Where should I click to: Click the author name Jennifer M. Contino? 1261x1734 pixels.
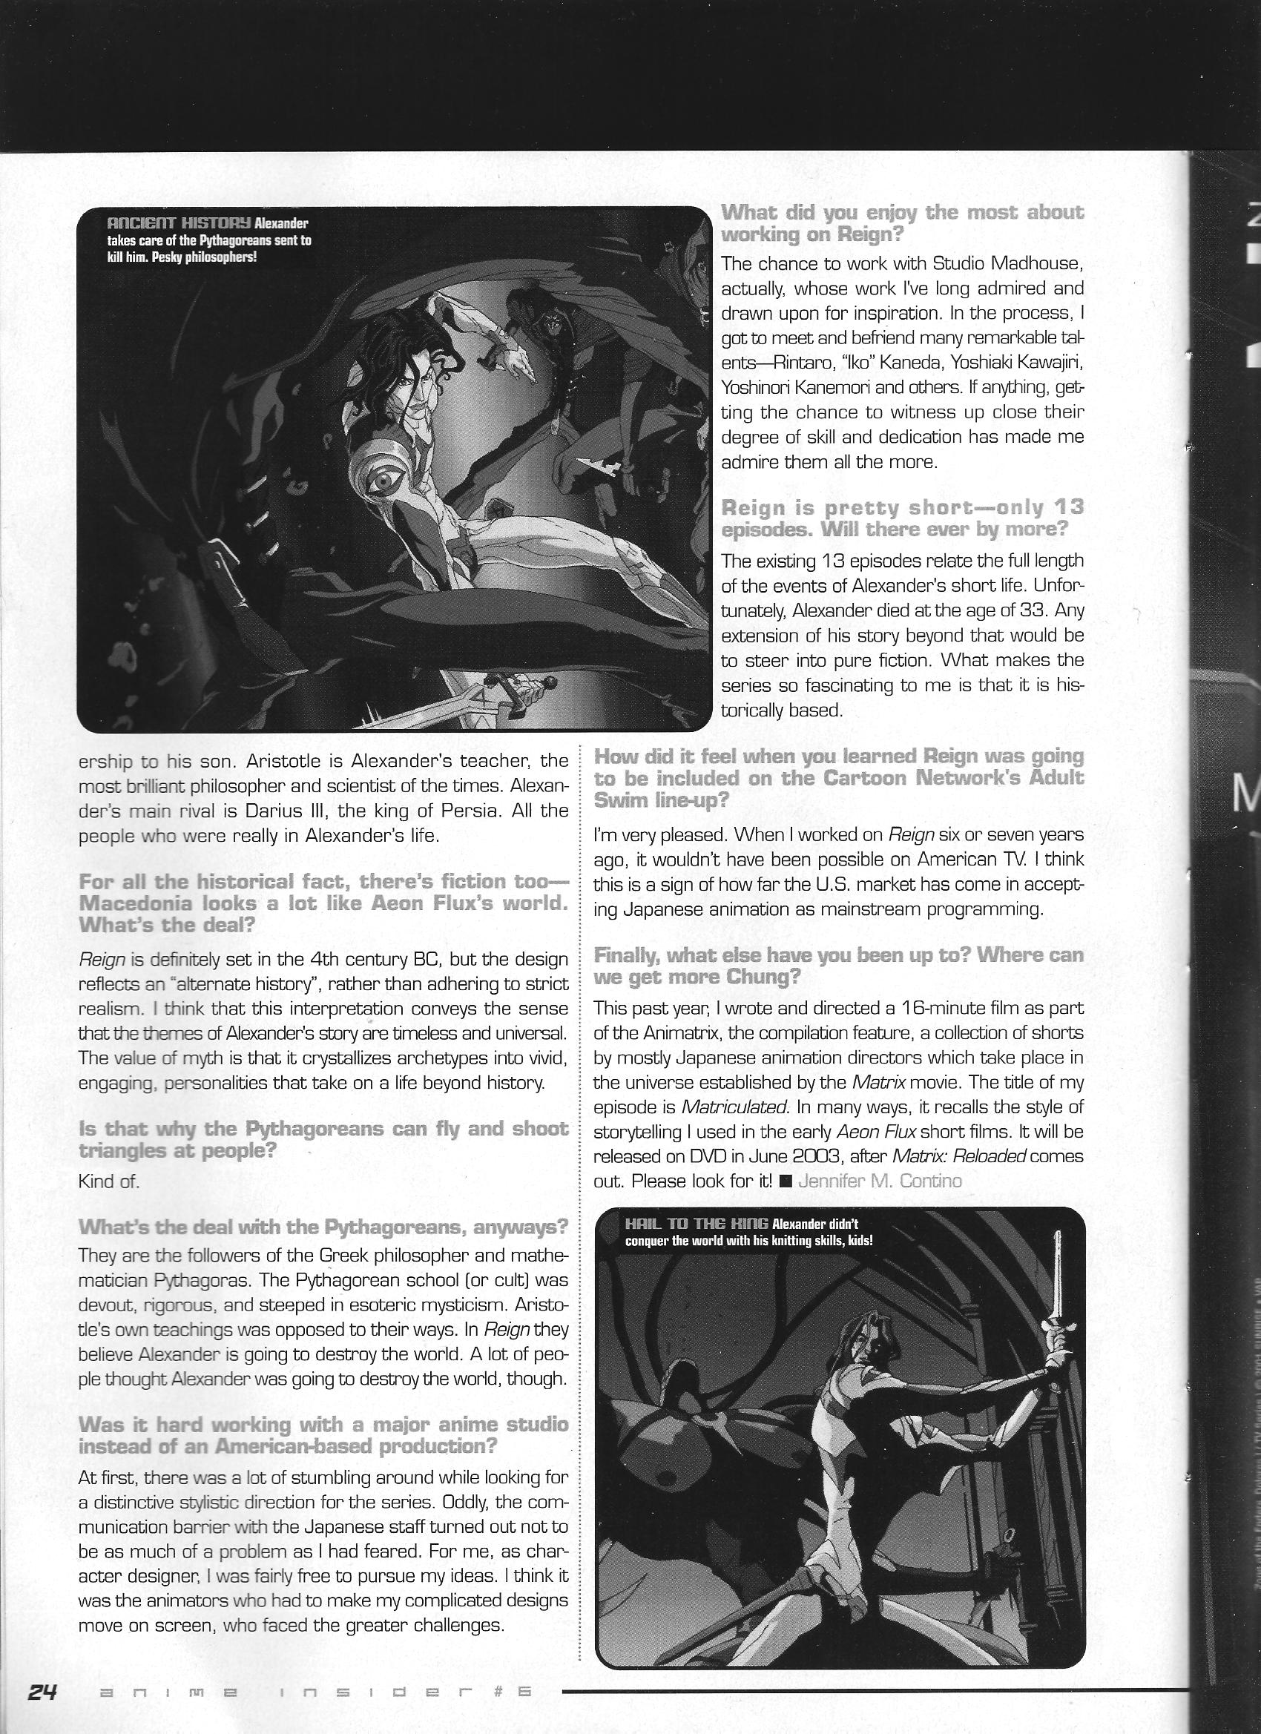pos(880,1181)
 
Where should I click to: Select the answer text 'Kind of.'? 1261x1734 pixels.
pos(108,1181)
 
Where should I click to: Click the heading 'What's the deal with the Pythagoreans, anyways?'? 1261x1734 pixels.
pos(323,1227)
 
